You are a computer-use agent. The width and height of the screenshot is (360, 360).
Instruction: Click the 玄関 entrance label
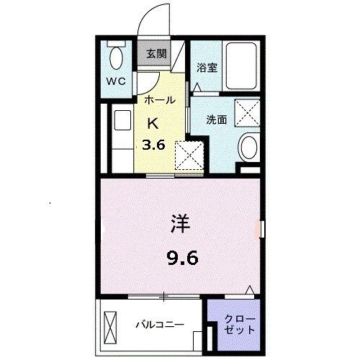point(156,53)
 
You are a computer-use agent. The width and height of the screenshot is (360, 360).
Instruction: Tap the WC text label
point(117,81)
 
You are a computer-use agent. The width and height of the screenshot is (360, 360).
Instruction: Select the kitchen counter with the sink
point(120,140)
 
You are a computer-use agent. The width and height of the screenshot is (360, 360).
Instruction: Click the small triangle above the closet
point(249,289)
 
